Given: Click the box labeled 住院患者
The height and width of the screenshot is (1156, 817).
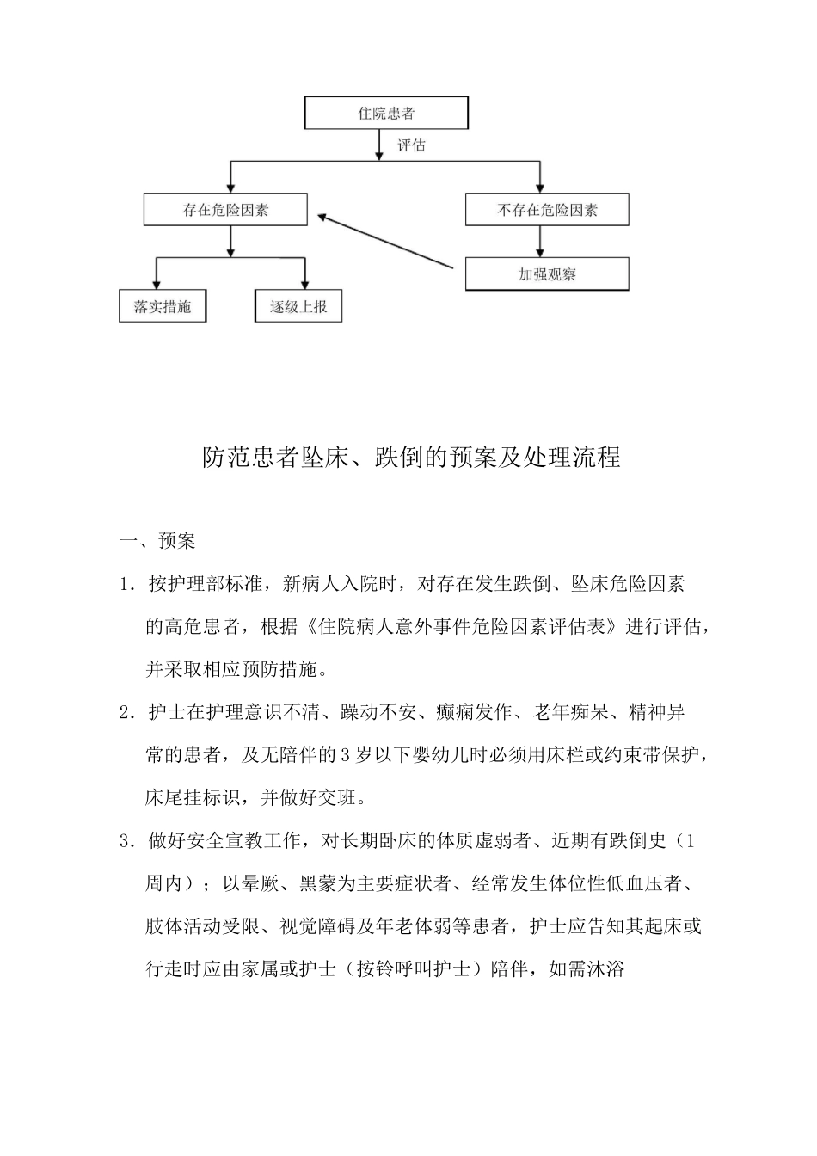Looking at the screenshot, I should pyautogui.click(x=386, y=113).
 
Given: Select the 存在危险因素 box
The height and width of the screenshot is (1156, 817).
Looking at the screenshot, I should pyautogui.click(x=225, y=210).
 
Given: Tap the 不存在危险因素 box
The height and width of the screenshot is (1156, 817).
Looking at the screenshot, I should pyautogui.click(x=547, y=210).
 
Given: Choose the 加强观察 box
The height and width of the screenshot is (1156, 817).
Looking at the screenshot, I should pyautogui.click(x=547, y=274).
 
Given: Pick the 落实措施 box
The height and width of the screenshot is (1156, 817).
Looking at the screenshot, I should pyautogui.click(x=163, y=306).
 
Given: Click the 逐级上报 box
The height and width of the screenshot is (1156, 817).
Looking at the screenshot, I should pyautogui.click(x=298, y=306).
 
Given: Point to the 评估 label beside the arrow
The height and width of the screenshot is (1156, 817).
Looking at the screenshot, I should pyautogui.click(x=411, y=145).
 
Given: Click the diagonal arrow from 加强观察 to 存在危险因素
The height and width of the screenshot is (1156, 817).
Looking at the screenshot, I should pyautogui.click(x=384, y=243).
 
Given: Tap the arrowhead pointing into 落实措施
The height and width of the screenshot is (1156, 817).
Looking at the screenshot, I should pyautogui.click(x=156, y=284).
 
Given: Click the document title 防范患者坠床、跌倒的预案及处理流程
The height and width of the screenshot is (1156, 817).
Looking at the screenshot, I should pyautogui.click(x=411, y=458).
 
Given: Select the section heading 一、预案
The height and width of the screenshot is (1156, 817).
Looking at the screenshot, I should pyautogui.click(x=158, y=541).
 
